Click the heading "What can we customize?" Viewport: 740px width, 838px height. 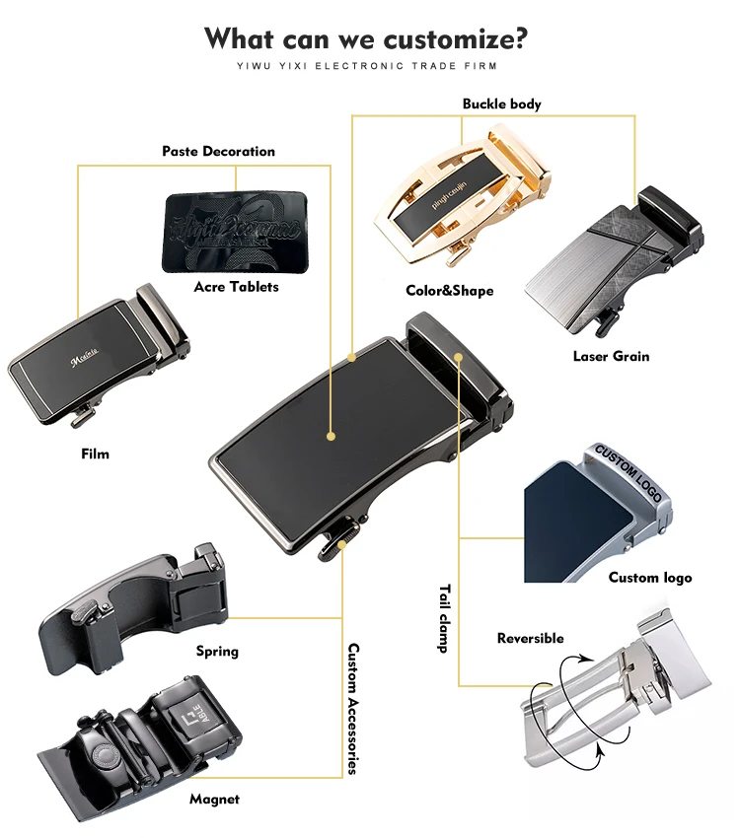[366, 39]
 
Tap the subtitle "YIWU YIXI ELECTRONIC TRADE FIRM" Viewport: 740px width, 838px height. [366, 66]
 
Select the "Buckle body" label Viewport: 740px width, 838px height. [501, 104]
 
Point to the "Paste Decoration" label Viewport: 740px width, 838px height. [218, 152]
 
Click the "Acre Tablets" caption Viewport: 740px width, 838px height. [236, 287]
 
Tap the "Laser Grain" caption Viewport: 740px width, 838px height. [611, 356]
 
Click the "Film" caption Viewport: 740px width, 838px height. [95, 454]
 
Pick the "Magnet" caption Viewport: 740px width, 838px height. [215, 800]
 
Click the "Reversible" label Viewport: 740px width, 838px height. [530, 639]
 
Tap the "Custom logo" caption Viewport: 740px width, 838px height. [649, 578]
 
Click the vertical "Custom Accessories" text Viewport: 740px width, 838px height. [352, 709]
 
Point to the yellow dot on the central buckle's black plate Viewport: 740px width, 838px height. [332, 434]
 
